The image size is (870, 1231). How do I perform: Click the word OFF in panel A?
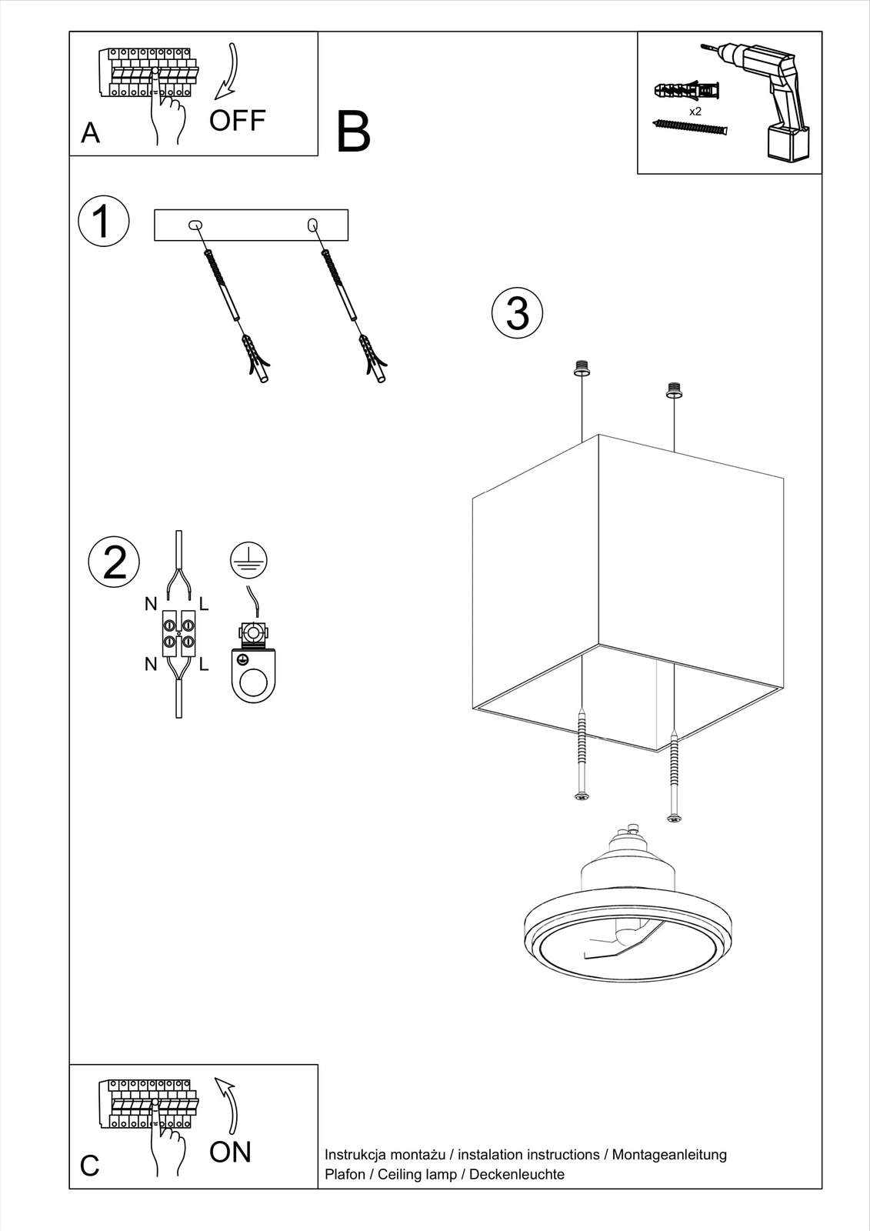(237, 121)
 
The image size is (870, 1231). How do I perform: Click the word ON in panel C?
(230, 1152)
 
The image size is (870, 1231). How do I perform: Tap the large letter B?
(353, 132)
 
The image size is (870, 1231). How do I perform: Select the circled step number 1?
(103, 222)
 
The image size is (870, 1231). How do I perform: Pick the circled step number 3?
(517, 314)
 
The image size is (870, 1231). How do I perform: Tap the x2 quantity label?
(695, 112)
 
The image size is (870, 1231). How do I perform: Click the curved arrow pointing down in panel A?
(228, 73)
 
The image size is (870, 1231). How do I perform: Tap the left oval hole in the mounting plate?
(195, 225)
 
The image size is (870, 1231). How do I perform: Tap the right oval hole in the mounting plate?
(312, 225)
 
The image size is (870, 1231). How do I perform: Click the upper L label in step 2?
(204, 604)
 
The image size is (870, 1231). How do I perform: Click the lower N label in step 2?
(151, 663)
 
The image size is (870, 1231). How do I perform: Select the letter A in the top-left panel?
(90, 133)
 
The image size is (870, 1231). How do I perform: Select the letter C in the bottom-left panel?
(89, 1166)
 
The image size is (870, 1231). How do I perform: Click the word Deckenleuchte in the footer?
(516, 1174)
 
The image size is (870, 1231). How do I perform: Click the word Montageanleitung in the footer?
(668, 1154)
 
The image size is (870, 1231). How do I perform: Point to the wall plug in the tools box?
(687, 92)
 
